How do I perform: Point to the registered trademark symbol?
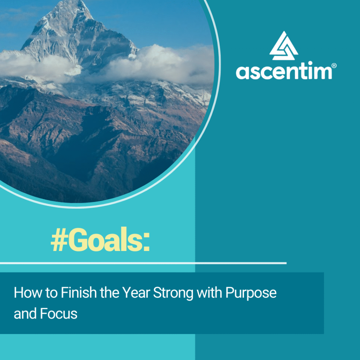point(334,66)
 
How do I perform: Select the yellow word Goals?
point(106,239)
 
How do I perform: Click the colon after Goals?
point(147,241)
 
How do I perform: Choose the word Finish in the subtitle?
point(78,292)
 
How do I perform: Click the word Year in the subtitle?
point(136,292)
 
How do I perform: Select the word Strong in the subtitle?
point(173,294)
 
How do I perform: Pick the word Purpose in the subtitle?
point(251,294)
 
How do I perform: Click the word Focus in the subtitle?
point(59,314)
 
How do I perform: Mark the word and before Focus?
point(25,314)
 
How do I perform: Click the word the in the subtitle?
point(109,292)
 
